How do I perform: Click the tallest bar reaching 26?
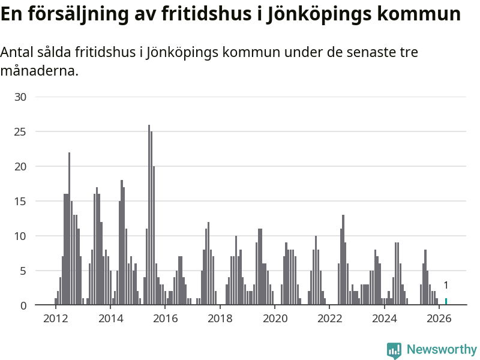pos(149,215)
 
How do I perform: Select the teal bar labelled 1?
pos(446,302)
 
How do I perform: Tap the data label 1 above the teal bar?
pos(446,286)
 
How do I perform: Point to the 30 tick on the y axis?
pos(20,97)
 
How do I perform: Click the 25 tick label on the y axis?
pos(20,132)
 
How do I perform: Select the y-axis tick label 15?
pos(20,202)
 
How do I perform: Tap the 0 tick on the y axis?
pos(23,305)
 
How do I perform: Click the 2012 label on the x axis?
pos(55,319)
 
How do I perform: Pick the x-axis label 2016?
pos(166,319)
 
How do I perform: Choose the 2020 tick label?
pos(275,319)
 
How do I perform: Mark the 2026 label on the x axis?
pos(439,319)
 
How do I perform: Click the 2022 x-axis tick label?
pos(329,319)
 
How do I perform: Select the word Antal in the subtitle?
pos(17,52)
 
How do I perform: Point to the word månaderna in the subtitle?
pos(40,71)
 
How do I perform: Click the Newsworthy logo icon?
pos(394,350)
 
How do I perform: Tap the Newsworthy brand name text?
pos(442,349)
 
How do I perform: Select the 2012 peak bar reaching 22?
pos(69,229)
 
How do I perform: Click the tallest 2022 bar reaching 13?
pos(343,260)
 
